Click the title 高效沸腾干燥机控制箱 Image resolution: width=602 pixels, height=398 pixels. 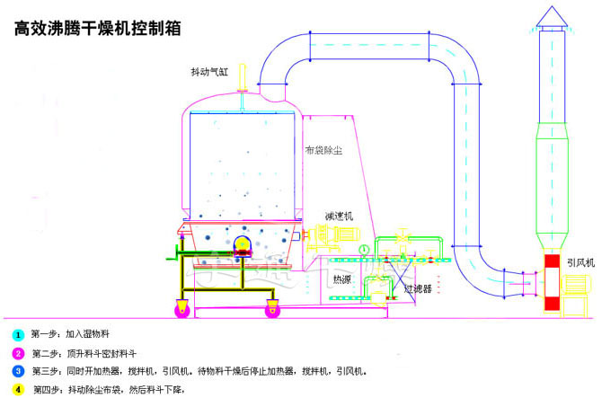click(99, 28)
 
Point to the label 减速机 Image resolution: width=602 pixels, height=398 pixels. click(339, 217)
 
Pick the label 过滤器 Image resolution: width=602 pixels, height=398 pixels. click(418, 289)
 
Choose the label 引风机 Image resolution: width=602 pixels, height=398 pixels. click(580, 262)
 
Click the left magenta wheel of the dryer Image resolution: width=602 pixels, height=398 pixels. click(183, 311)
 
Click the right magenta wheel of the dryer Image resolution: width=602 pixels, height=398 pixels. click(272, 311)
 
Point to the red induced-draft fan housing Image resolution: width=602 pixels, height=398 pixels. click(552, 283)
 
